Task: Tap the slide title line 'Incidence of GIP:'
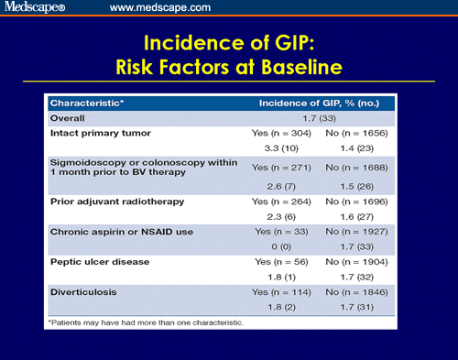[228, 43]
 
